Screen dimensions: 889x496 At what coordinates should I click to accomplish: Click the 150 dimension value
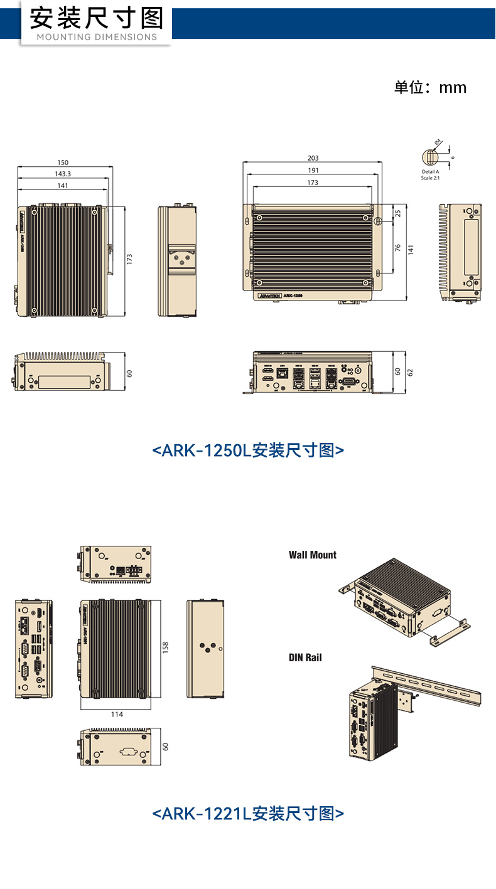(63, 162)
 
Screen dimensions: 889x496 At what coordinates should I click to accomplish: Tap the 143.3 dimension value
(63, 174)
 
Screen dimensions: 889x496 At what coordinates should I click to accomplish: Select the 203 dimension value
(313, 158)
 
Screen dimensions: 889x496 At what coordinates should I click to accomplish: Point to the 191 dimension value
(313, 171)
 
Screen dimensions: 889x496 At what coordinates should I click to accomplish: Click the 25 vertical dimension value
(397, 213)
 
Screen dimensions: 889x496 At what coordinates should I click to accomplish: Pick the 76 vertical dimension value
(397, 247)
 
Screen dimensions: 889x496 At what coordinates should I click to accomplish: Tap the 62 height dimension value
(411, 372)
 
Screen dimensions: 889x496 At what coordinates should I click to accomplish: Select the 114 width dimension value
(117, 714)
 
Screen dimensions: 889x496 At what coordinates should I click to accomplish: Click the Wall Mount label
(313, 555)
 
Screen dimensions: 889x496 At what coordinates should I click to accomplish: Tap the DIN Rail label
(305, 657)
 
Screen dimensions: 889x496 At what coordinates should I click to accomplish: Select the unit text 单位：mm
(430, 87)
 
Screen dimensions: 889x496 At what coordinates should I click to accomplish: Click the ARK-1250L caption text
(248, 450)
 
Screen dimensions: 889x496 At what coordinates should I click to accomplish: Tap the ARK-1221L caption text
(248, 814)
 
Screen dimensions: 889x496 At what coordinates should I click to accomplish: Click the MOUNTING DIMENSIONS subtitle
(97, 37)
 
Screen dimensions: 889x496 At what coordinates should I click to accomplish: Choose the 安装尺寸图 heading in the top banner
(97, 18)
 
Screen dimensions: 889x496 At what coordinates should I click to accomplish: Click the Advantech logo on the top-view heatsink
(269, 295)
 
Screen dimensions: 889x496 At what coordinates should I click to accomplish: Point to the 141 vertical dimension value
(411, 249)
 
